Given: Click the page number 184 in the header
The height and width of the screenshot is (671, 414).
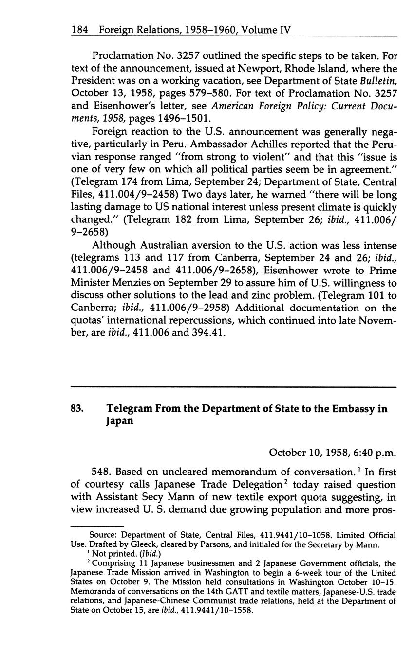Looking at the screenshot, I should [79, 30].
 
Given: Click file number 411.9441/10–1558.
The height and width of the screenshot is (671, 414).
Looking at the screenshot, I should [216, 611].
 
